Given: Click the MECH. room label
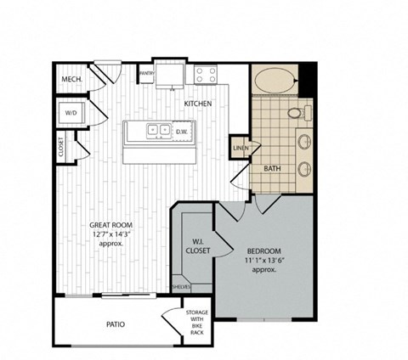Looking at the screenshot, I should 71,80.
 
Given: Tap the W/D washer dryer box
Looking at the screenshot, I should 71,112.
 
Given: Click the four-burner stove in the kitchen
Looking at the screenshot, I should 206,75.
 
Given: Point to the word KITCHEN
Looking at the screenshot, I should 198,104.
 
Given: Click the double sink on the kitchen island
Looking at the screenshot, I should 156,132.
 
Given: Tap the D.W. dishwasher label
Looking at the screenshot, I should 181,132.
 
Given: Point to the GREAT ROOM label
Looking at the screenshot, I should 110,225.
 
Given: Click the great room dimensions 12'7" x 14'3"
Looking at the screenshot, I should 110,234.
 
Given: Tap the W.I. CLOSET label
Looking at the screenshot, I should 197,246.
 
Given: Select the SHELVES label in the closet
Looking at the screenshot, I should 181,287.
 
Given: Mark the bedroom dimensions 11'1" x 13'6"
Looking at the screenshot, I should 264,263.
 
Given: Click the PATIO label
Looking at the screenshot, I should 116,323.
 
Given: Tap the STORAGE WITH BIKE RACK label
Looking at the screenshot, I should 197,323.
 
